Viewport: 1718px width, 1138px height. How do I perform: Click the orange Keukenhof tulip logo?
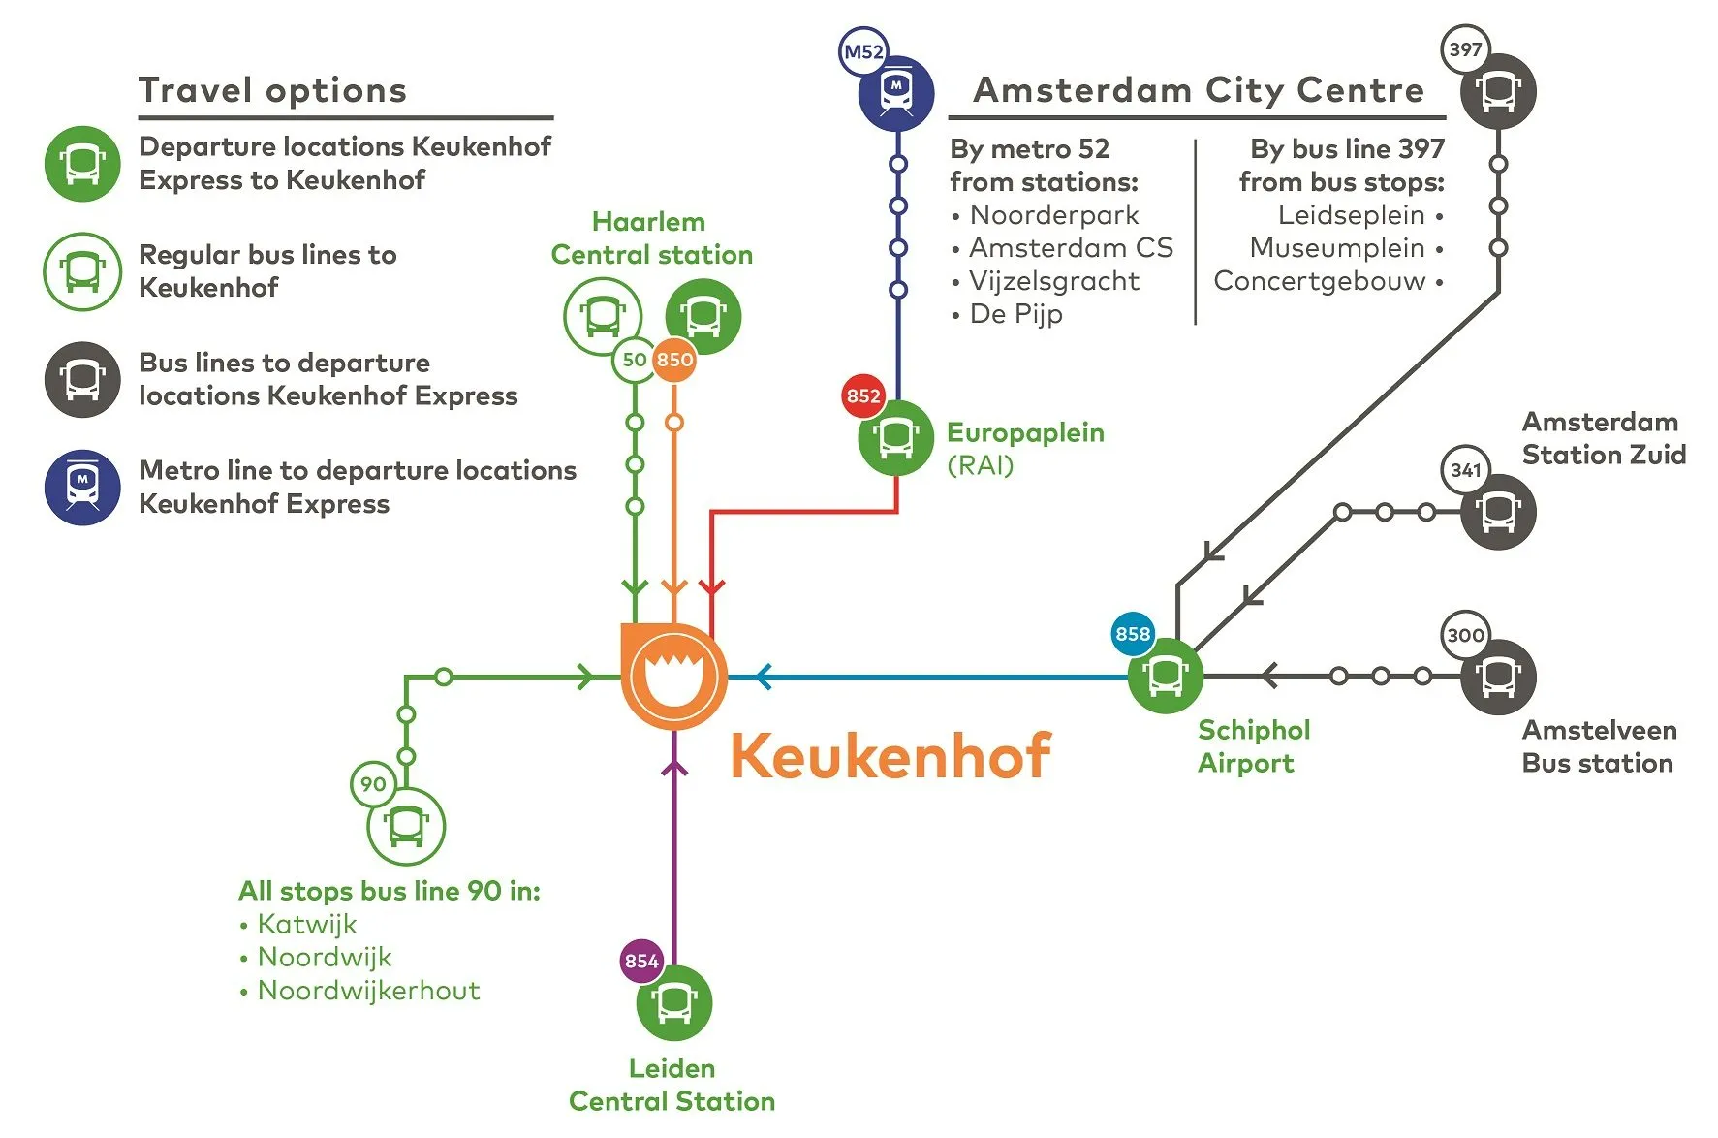[x=673, y=676]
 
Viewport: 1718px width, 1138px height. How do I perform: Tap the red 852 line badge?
[x=862, y=395]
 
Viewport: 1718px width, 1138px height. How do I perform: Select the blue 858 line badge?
[x=1132, y=634]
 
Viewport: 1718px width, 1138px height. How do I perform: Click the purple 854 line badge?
[x=641, y=961]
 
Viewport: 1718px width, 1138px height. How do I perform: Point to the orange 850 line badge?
[x=674, y=360]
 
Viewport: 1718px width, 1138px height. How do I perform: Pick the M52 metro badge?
[x=862, y=51]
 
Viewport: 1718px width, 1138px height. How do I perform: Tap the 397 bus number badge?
[x=1465, y=49]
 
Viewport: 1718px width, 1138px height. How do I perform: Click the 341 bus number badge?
[x=1465, y=470]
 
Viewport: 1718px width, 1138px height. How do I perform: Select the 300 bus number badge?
[x=1465, y=635]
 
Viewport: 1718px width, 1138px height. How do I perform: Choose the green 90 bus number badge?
[x=373, y=783]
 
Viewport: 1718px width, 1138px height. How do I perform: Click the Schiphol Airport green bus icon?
[x=1166, y=676]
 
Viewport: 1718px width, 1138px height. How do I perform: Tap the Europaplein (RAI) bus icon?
[x=896, y=438]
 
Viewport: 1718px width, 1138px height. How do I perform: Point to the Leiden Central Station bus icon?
[x=674, y=1002]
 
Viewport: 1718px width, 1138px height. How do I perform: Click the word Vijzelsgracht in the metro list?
[x=1054, y=281]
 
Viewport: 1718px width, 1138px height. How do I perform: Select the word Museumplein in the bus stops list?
[x=1337, y=248]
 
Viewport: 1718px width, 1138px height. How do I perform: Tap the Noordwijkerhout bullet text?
[x=368, y=991]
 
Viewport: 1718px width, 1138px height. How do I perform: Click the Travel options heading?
[x=272, y=90]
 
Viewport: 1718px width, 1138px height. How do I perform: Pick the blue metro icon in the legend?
[x=82, y=488]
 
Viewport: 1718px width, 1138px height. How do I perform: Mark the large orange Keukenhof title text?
[x=890, y=756]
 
